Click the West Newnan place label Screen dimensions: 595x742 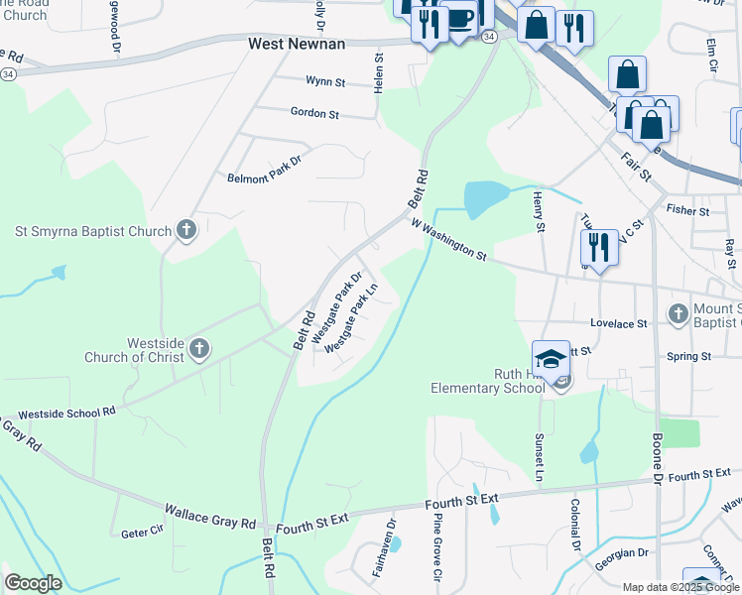point(296,45)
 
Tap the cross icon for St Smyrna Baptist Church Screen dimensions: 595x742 point(185,231)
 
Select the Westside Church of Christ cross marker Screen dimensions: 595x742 point(199,348)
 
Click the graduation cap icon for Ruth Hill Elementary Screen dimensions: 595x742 point(551,359)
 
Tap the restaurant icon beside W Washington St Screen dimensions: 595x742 point(599,247)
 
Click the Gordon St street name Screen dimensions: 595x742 point(314,114)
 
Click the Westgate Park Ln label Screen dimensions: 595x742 point(352,318)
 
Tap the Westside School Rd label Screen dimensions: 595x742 point(67,411)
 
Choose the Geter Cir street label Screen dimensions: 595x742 point(141,533)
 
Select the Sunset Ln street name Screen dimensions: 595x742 point(541,457)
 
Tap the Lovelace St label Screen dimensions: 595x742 point(618,323)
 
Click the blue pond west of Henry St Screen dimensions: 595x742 point(485,198)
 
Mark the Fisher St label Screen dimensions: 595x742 point(687,211)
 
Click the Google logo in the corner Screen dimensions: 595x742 point(33,583)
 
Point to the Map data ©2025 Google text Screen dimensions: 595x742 point(680,587)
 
